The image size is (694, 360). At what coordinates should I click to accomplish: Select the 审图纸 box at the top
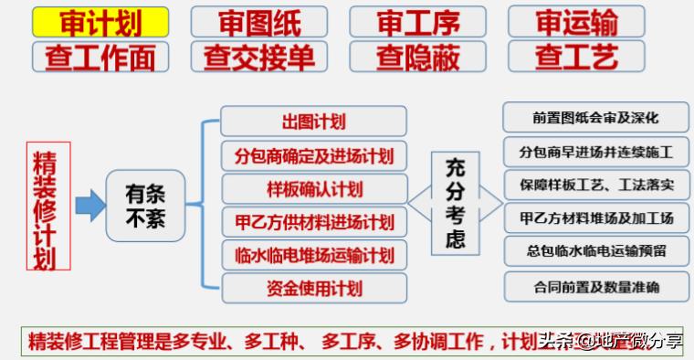coord(260,21)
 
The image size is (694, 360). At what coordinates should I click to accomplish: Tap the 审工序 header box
coord(417,21)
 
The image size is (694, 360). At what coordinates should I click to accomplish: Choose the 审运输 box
coord(576,21)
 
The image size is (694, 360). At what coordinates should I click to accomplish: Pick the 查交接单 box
coord(260,57)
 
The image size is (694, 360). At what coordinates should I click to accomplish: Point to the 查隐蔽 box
coord(417,57)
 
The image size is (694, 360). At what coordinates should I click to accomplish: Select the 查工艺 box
coord(576,57)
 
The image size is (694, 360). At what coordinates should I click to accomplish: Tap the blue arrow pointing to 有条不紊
coord(89,205)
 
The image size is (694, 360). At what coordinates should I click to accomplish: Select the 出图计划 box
coord(313,122)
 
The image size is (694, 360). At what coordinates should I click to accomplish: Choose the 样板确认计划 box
coord(313,189)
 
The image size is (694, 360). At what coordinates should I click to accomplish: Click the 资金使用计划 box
coord(313,288)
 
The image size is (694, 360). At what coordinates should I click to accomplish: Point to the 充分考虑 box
coord(455,204)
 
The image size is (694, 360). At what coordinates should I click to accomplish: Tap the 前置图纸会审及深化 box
coord(595,118)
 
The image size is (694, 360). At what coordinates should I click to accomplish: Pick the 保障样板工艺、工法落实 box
coord(595,185)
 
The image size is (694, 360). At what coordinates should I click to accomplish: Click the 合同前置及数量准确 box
coord(595,287)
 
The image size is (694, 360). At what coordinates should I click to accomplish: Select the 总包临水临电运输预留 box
coord(595,252)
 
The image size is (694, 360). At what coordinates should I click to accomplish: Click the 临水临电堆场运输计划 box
coord(313,255)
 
